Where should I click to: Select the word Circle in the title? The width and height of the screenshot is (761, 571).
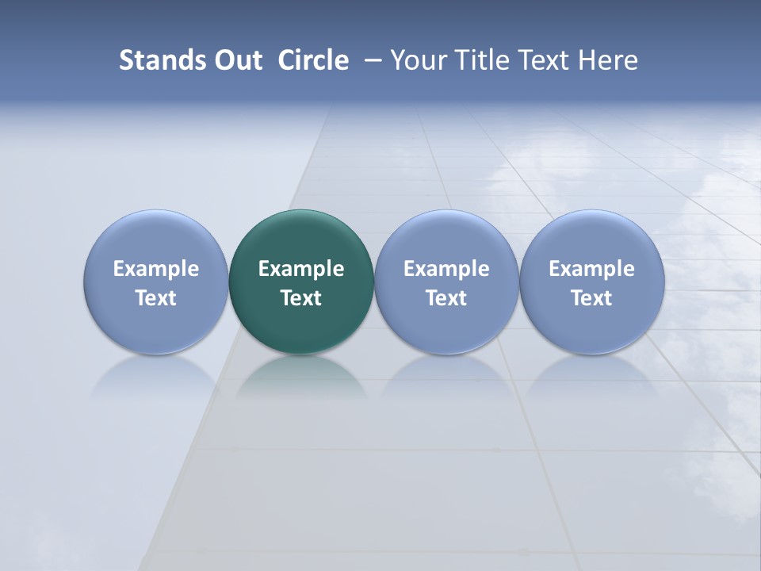click(x=313, y=60)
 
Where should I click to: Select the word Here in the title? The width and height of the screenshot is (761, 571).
click(x=608, y=60)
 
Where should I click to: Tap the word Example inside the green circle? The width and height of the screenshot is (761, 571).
click(x=301, y=269)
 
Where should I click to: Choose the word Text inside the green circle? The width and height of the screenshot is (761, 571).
click(x=301, y=298)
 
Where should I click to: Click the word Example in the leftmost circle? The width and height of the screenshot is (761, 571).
click(x=156, y=269)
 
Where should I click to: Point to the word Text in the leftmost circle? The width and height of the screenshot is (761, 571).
click(x=156, y=298)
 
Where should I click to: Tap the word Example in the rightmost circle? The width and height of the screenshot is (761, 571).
click(x=592, y=269)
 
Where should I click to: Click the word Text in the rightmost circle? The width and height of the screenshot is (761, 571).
click(x=592, y=298)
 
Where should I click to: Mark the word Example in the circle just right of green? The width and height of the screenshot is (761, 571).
click(x=446, y=269)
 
